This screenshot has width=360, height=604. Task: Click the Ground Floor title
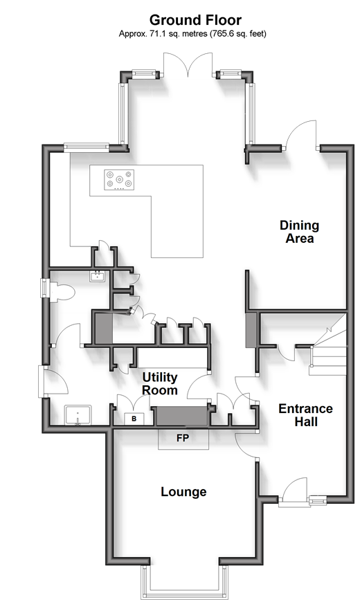coord(195,19)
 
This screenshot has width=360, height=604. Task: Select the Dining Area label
coord(300,232)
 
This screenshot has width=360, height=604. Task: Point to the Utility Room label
coord(159,383)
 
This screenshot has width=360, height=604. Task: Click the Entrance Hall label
coord(305,415)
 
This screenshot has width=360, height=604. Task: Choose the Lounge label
coord(183,492)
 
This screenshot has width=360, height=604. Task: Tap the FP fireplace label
coord(183,437)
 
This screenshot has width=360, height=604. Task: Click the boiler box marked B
coord(134,419)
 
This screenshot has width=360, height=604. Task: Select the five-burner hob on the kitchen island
coord(119,179)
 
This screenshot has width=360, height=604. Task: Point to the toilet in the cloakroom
coord(62,292)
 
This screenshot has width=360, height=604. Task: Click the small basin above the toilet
coord(97,276)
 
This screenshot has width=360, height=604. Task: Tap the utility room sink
coord(78,415)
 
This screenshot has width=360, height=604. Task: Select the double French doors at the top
coord(188,64)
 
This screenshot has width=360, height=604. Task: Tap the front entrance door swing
coord(295,488)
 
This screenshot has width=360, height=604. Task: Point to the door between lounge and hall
coord(246,446)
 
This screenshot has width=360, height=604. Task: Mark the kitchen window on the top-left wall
coord(87,146)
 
